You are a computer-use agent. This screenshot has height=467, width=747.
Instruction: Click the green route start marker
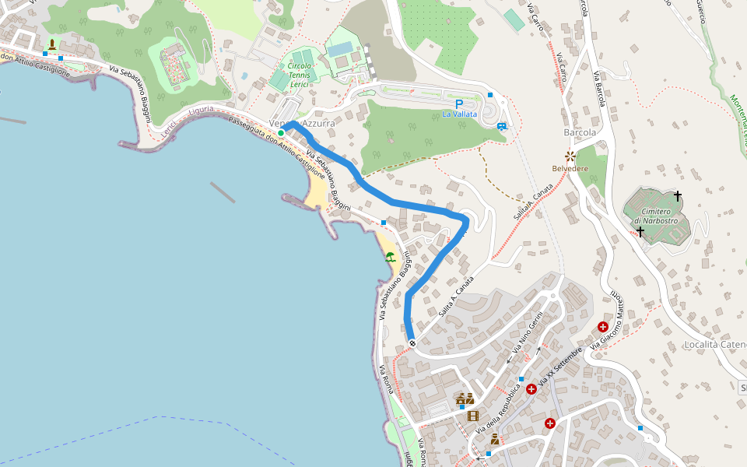[281, 133]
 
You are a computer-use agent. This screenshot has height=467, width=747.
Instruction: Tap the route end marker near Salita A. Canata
[412, 343]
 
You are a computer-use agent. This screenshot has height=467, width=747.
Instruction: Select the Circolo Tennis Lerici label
[300, 75]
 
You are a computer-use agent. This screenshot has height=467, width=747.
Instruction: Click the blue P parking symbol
[459, 104]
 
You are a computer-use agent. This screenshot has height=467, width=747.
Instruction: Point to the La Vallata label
[460, 114]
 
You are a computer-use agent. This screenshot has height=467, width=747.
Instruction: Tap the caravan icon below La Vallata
[502, 125]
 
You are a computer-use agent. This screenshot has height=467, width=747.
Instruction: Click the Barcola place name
[580, 132]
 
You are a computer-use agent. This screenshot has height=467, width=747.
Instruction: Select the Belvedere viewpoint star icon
[570, 156]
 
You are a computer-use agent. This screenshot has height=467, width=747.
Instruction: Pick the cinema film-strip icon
[473, 416]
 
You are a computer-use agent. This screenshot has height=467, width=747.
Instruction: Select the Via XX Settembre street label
[559, 367]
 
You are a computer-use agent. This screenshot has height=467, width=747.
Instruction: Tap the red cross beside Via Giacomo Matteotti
[602, 327]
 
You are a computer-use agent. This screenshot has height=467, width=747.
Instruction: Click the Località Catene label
[714, 344]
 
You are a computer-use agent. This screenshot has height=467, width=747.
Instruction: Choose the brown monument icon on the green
[52, 44]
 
